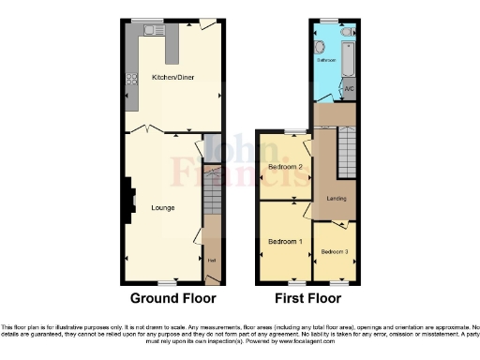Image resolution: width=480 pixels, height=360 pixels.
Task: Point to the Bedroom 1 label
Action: (285, 242)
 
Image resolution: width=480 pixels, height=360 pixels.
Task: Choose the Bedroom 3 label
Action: (334, 251)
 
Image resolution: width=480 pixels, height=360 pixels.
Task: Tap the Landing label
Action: (337, 198)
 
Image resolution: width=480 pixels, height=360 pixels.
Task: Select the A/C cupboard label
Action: (349, 90)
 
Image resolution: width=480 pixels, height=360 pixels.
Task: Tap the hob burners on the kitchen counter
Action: (131, 79)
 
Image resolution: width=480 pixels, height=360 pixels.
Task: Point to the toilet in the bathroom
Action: (348, 32)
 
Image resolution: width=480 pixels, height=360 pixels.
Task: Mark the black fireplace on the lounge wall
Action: (130, 199)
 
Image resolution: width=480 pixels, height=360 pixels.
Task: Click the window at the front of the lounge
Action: (168, 282)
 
